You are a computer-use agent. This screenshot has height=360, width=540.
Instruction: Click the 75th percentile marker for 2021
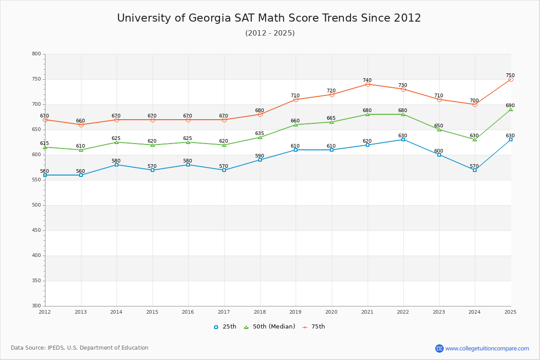368,84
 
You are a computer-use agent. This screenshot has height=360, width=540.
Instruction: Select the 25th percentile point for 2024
475,170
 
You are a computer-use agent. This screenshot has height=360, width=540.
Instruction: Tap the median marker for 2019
296,125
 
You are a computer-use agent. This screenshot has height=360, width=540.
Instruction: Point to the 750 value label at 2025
510,76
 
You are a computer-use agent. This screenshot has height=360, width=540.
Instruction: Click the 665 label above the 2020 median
331,118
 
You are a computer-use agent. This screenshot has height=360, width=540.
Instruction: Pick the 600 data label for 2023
439,151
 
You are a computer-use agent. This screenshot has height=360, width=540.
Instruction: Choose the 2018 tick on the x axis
260,312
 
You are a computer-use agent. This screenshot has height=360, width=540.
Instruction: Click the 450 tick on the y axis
36,230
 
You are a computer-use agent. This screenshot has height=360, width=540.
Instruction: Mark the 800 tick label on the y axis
36,54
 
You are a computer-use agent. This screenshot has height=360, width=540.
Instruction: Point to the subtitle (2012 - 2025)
270,33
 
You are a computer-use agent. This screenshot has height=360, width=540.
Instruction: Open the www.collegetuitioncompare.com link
487,348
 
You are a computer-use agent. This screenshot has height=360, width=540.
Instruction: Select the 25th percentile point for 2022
403,139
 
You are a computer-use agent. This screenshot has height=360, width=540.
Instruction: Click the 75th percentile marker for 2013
81,125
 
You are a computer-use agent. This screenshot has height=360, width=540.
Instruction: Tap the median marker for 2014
117,142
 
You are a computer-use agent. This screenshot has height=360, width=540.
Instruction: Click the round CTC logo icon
439,348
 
